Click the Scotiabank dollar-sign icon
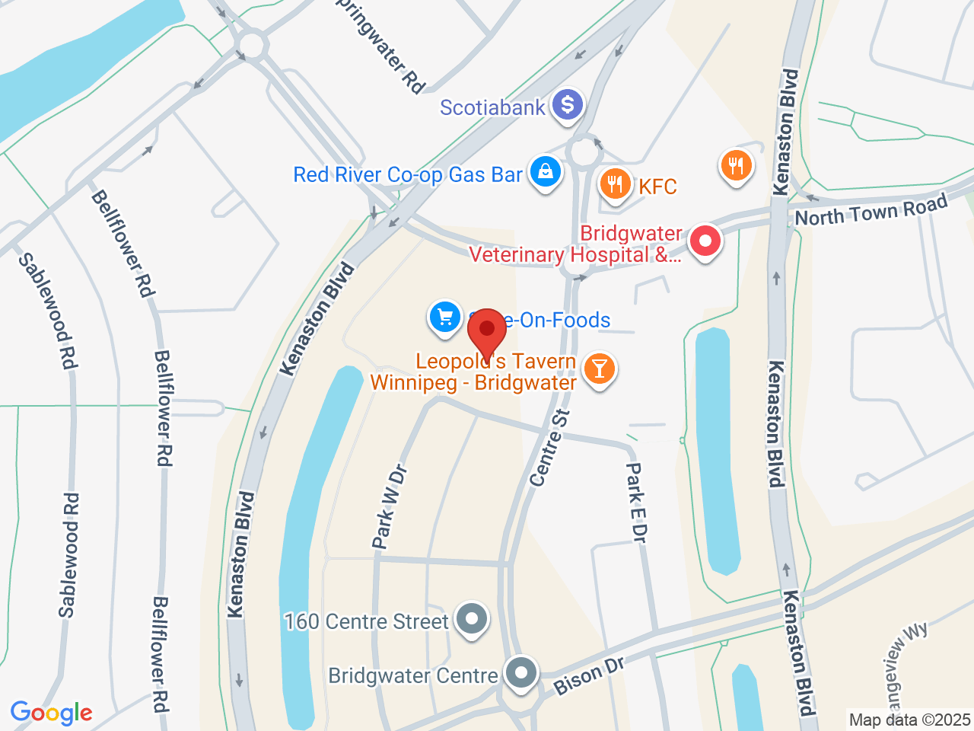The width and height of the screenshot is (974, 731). (567, 105)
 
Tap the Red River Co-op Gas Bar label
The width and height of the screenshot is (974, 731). (408, 175)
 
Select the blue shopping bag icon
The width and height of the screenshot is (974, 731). (546, 171)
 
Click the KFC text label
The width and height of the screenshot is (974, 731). (657, 187)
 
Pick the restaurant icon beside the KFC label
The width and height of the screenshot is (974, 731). (615, 184)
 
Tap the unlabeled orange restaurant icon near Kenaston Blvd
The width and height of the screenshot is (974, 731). (735, 165)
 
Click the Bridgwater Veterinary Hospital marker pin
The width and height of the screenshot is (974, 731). (705, 242)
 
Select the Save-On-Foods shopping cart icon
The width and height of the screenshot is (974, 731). (445, 317)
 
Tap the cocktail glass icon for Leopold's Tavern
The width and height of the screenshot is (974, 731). (600, 369)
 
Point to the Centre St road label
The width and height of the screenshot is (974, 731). (550, 448)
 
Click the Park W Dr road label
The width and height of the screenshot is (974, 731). (390, 507)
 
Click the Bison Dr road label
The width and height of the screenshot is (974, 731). (589, 675)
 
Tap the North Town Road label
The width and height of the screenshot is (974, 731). (871, 210)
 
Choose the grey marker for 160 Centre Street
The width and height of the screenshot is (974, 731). (472, 619)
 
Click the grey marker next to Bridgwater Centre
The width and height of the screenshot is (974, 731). (521, 674)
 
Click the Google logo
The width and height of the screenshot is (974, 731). (51, 713)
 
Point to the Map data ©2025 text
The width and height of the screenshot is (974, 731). (909, 720)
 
